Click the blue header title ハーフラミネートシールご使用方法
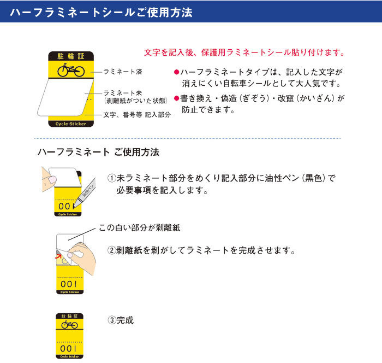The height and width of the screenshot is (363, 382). point(101,13)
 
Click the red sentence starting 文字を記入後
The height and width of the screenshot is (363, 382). point(244,52)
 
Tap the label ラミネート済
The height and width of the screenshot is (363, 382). point(123,72)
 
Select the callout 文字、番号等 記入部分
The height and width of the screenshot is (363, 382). point(137,115)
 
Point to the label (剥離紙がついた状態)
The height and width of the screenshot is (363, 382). point(136,101)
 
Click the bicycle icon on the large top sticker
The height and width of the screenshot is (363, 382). point(71,70)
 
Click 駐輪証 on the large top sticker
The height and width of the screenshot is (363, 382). point(71,56)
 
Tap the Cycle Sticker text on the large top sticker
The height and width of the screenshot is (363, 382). point(71,124)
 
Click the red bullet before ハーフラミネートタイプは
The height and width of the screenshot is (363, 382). point(176,72)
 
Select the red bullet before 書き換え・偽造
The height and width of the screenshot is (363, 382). point(176,98)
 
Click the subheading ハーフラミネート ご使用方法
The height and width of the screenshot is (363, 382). point(98,152)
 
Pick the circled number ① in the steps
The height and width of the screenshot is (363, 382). point(111,178)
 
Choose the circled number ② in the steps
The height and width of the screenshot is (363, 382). point(111,250)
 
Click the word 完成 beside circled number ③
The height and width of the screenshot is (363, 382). point(125,320)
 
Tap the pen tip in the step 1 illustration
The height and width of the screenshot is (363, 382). point(74,207)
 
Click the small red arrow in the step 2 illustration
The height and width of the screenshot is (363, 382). point(58,256)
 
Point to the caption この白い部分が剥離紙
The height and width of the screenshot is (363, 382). point(139,228)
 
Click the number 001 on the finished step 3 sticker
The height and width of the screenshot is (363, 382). point(68,349)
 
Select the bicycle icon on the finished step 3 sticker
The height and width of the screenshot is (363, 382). point(69,324)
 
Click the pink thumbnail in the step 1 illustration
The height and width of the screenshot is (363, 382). point(52,180)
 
